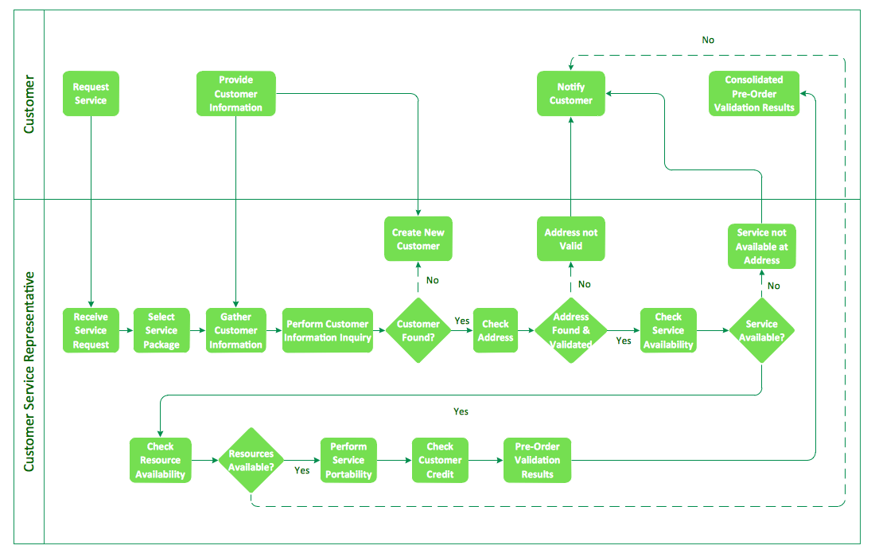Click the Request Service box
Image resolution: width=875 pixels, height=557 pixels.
pyautogui.click(x=91, y=94)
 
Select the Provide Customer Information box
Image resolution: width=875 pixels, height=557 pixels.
pyautogui.click(x=236, y=94)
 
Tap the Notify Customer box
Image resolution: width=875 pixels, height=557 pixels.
pyautogui.click(x=571, y=94)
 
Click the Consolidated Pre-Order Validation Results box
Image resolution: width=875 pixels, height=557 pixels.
pyautogui.click(x=754, y=94)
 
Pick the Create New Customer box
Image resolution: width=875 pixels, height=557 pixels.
pyautogui.click(x=418, y=239)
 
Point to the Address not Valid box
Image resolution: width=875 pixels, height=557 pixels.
pyautogui.click(x=571, y=239)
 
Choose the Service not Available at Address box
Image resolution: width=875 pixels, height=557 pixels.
pyautogui.click(x=762, y=246)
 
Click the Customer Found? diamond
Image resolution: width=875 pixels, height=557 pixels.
pyautogui.click(x=418, y=330)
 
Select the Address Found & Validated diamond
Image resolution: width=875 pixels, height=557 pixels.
pyautogui.click(x=571, y=330)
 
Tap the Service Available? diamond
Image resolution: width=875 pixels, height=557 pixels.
pyautogui.click(x=762, y=330)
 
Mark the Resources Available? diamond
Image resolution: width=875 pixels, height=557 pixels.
pyautogui.click(x=251, y=460)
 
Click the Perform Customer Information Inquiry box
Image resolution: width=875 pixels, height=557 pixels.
pyautogui.click(x=328, y=330)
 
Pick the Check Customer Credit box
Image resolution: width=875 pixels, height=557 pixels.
pyautogui.click(x=440, y=460)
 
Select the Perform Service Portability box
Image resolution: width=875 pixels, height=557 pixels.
pyautogui.click(x=348, y=460)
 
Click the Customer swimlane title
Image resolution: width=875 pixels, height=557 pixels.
pyautogui.click(x=29, y=104)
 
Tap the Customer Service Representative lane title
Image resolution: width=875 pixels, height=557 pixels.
pyautogui.click(x=29, y=372)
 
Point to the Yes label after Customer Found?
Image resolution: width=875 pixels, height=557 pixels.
pyautogui.click(x=462, y=321)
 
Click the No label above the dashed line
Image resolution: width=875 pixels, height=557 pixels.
pyautogui.click(x=708, y=40)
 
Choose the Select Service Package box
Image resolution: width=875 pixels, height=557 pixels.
pyautogui.click(x=161, y=330)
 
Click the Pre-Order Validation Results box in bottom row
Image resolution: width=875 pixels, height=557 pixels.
pyautogui.click(x=538, y=460)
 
